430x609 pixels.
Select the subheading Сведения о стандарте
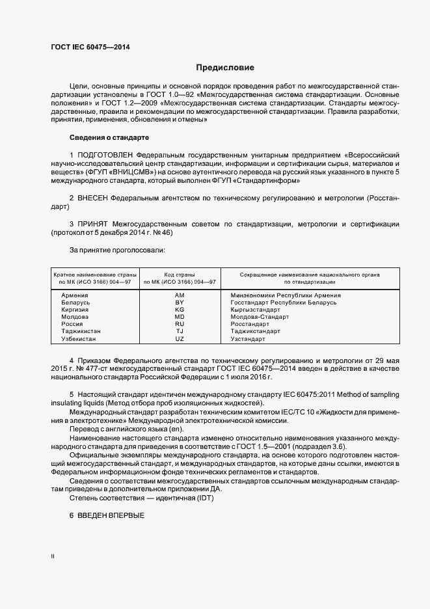109,138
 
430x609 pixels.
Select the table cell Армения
75,295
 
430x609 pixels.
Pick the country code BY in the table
180,303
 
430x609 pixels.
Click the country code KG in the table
180,310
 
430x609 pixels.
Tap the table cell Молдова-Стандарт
260,317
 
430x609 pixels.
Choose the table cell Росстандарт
250,324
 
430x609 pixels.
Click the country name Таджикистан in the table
81,331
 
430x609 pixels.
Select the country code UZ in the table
180,339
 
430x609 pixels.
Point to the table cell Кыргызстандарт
256,310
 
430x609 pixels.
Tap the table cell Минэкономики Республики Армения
286,295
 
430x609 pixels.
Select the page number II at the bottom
53,556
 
